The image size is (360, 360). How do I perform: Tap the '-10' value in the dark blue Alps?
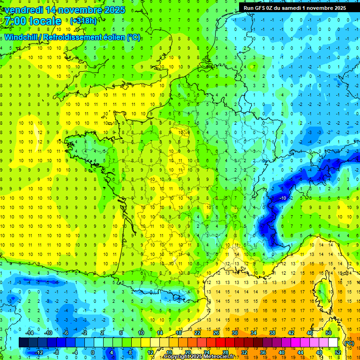click(x=283, y=198)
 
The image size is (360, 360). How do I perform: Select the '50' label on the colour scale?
click(x=328, y=333)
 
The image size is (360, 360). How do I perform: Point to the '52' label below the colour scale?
click(x=337, y=352)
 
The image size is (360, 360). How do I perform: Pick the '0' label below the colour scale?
click(x=93, y=352)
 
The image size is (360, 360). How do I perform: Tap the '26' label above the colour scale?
click(x=216, y=333)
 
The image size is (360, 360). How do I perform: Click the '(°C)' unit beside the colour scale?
click(x=349, y=343)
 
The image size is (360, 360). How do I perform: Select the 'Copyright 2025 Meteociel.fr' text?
click(x=199, y=357)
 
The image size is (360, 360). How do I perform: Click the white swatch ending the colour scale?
click(x=333, y=343)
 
